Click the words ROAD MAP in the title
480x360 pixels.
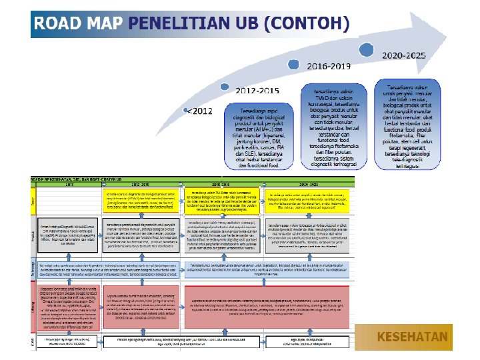pyautogui.click(x=78, y=24)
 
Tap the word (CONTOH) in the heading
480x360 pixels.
pyautogui.click(x=307, y=24)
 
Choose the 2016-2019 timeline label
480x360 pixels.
pyautogui.click(x=328, y=67)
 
